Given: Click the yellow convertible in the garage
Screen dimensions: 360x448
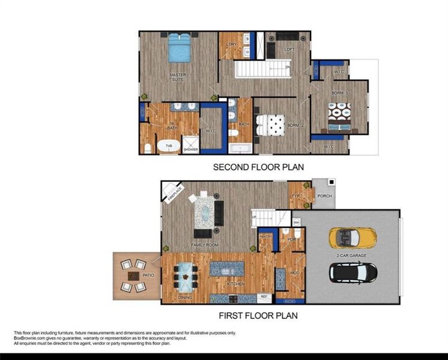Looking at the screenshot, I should pyautogui.click(x=353, y=238).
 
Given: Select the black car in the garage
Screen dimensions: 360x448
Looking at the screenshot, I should pyautogui.click(x=354, y=273).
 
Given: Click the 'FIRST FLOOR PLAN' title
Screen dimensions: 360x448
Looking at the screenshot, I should pyautogui.click(x=258, y=314).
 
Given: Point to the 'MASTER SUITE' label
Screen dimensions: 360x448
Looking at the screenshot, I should pyautogui.click(x=177, y=77).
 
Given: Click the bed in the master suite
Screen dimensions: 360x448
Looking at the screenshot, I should pyautogui.click(x=180, y=48).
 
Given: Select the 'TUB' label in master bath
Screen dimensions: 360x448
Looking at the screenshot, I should pyautogui.click(x=169, y=145).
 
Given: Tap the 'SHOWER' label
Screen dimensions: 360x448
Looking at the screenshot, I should pyautogui.click(x=191, y=149).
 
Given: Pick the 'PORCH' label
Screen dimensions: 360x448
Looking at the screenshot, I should pyautogui.click(x=324, y=196).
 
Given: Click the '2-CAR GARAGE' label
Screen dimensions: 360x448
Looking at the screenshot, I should pyautogui.click(x=352, y=255).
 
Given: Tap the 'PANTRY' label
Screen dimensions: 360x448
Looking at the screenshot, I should pyautogui.click(x=265, y=236).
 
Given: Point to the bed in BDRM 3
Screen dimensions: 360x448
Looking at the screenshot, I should pyautogui.click(x=340, y=115).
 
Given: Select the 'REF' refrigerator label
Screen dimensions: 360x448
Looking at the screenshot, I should pyautogui.click(x=262, y=296).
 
